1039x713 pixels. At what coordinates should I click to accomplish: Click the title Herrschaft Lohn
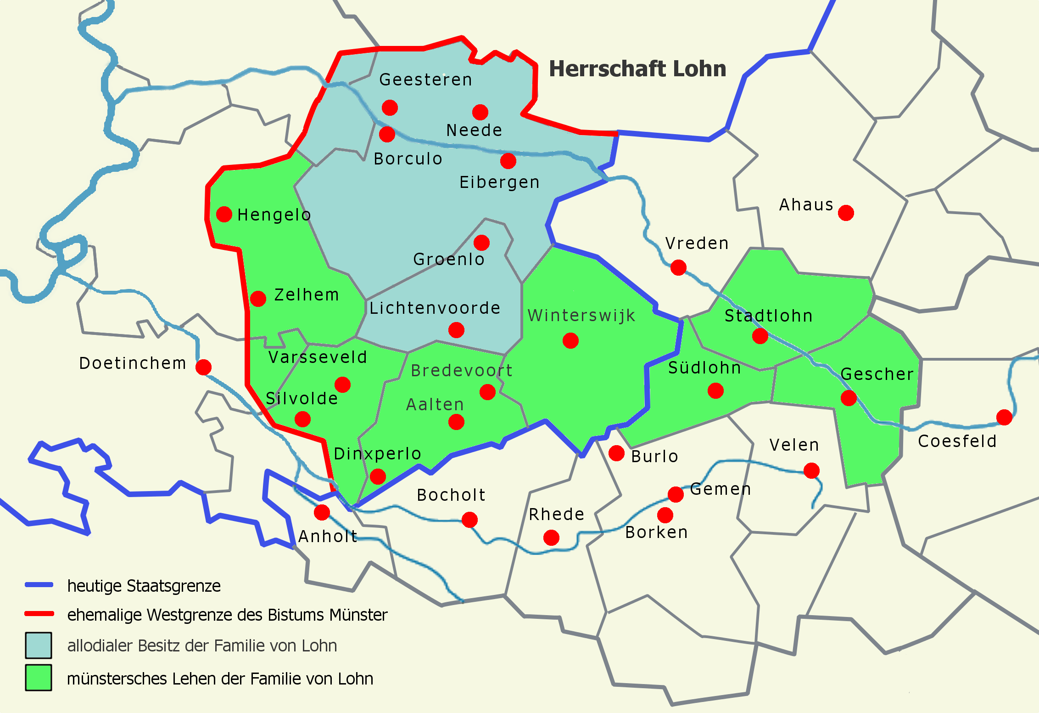click(x=637, y=69)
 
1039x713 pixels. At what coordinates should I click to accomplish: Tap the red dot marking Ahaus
click(x=846, y=213)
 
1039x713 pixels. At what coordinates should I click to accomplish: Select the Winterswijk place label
click(x=581, y=316)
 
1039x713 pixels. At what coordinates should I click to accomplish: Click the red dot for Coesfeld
click(x=1005, y=417)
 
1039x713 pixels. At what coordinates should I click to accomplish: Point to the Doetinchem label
click(x=133, y=363)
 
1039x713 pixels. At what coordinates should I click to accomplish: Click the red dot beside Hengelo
click(x=224, y=214)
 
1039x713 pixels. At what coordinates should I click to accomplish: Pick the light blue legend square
click(x=39, y=645)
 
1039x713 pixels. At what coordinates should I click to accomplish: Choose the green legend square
click(x=39, y=678)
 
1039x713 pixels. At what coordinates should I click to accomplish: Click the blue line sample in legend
click(x=39, y=585)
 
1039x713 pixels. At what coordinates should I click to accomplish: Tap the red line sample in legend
click(x=39, y=614)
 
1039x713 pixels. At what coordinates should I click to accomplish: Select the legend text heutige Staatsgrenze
click(x=144, y=586)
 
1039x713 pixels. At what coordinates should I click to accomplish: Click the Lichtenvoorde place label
click(x=435, y=308)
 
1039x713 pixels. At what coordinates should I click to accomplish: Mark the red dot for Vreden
click(x=678, y=267)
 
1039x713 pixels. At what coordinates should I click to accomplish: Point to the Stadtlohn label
click(x=769, y=316)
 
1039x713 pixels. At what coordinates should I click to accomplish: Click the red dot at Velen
click(x=811, y=470)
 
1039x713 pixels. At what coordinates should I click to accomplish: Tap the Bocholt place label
click(x=451, y=495)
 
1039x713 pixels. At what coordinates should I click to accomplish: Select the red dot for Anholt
click(x=322, y=512)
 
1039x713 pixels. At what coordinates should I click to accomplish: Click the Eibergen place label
click(x=499, y=182)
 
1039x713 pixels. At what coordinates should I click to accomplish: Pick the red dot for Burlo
click(x=616, y=453)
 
